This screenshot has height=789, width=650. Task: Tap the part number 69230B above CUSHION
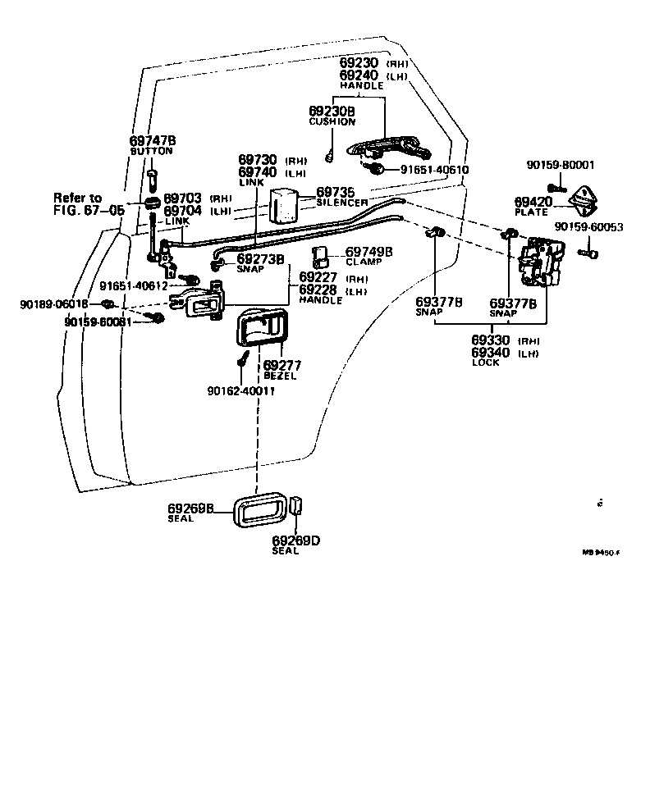click(332, 111)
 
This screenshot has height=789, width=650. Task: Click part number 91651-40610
click(434, 170)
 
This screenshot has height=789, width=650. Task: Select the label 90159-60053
click(588, 226)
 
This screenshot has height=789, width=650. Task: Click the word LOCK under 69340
click(485, 363)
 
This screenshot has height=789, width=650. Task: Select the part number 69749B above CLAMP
click(368, 251)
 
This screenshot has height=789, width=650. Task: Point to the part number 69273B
click(260, 259)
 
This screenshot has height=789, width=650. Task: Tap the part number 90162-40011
click(240, 390)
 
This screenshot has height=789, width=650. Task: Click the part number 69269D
click(295, 540)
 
